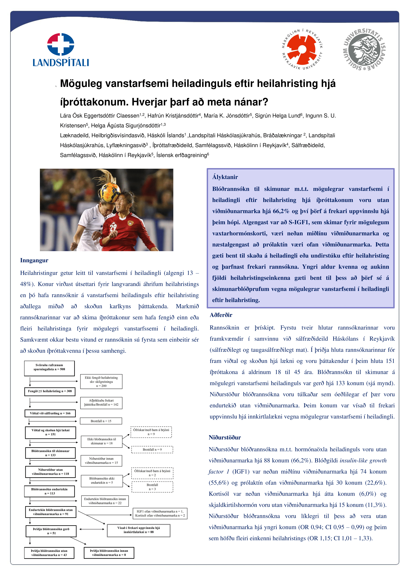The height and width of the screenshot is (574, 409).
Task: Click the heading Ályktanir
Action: point(225,177)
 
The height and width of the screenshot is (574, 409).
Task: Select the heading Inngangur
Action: point(34,260)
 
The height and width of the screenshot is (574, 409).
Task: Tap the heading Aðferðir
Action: point(221,315)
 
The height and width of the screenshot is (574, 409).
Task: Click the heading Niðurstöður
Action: point(225,437)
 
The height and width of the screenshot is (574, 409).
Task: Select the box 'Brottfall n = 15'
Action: point(101,421)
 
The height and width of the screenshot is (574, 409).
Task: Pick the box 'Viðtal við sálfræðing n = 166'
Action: point(50,413)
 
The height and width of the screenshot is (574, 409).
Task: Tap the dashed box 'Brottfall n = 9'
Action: point(152,449)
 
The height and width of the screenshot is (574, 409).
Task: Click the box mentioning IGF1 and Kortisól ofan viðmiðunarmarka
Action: point(160,513)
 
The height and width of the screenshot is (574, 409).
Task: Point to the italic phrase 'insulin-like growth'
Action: point(363,461)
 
